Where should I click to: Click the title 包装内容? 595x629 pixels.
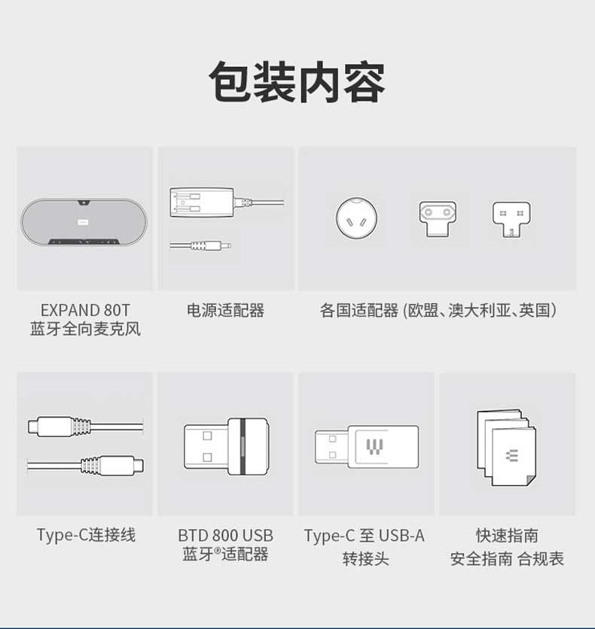tap(297, 82)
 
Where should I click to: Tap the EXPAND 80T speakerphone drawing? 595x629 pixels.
tap(84, 221)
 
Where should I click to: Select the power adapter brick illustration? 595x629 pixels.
tap(202, 202)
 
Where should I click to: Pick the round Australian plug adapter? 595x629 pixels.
tap(356, 218)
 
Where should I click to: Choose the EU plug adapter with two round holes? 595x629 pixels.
tap(438, 219)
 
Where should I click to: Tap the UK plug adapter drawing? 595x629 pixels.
tap(511, 220)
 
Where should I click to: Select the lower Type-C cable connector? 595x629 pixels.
tap(112, 465)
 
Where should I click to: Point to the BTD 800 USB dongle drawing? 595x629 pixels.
tap(227, 446)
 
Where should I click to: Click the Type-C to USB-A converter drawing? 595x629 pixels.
tap(367, 446)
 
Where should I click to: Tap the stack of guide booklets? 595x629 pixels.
tap(506, 447)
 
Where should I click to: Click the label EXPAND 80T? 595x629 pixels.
tap(86, 310)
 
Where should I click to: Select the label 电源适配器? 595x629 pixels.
tap(226, 311)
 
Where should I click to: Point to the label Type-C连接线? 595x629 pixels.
tap(86, 535)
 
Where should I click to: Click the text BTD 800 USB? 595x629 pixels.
tap(226, 536)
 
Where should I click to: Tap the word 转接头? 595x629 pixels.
tap(366, 558)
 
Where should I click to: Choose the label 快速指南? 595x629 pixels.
tap(507, 536)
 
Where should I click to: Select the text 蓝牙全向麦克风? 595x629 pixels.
tap(86, 329)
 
